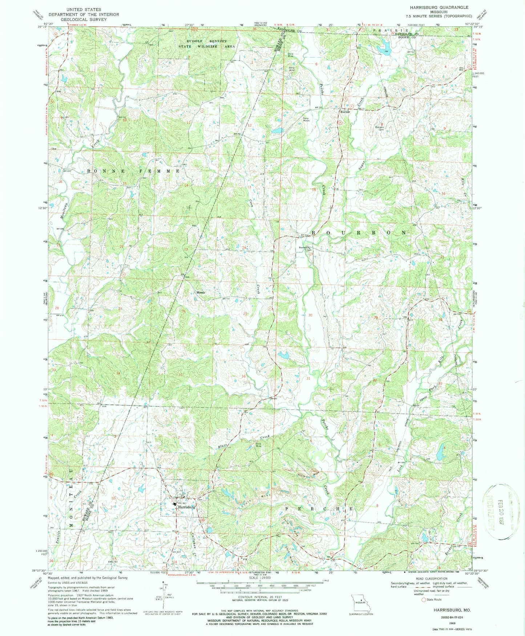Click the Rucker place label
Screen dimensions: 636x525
345,112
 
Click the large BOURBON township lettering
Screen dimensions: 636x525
358,232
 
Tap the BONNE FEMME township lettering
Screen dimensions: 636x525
133,171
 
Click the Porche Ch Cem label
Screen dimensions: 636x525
305,249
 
